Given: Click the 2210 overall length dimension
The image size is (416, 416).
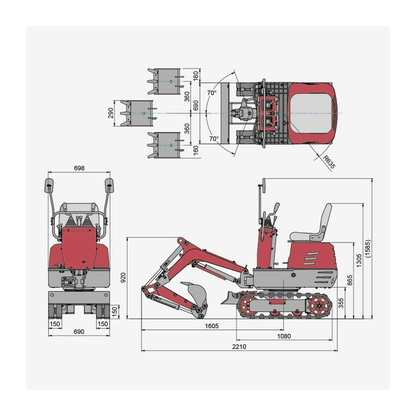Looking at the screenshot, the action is pos(239,346).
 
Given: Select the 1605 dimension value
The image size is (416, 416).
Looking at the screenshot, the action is pos(212,326).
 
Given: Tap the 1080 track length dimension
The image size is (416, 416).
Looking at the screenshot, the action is pos(284,336).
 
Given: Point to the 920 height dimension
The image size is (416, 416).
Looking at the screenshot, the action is pos(123,278).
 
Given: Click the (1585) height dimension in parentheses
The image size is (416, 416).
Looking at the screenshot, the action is pos(368,249).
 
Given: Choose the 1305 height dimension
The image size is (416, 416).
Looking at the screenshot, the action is pos(359,261).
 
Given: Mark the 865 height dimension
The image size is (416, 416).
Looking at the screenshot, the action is pos(350,280).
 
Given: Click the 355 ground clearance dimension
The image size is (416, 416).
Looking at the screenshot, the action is pos(341,303).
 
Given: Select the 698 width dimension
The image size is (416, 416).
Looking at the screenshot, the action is pos(79,168).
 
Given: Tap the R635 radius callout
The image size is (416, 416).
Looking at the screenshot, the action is pos(329,162).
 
